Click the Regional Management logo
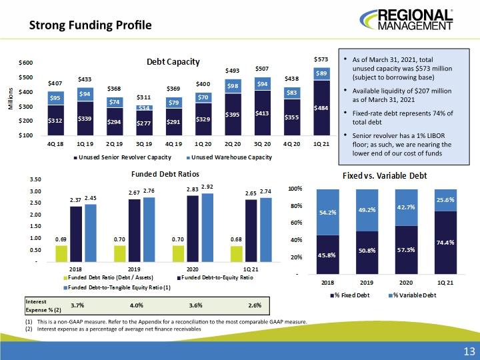click(406, 20)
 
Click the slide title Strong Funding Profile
click(90, 25)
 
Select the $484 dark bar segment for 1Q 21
click(321, 108)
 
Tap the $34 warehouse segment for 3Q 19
click(144, 108)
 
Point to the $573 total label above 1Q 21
click(321, 59)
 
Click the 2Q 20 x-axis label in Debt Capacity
click(233, 144)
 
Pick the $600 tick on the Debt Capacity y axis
click(26, 63)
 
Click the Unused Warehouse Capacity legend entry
click(229, 157)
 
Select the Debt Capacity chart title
click(173, 62)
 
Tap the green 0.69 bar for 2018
click(61, 254)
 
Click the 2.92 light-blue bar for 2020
click(207, 228)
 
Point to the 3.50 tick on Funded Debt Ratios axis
click(35, 179)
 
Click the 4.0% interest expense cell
click(137, 305)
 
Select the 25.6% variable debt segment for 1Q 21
click(445, 200)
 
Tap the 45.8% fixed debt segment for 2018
click(328, 255)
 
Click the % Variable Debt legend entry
click(413, 295)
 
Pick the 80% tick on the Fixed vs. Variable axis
click(296, 206)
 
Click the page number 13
click(469, 351)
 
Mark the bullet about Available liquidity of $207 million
click(401, 95)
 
